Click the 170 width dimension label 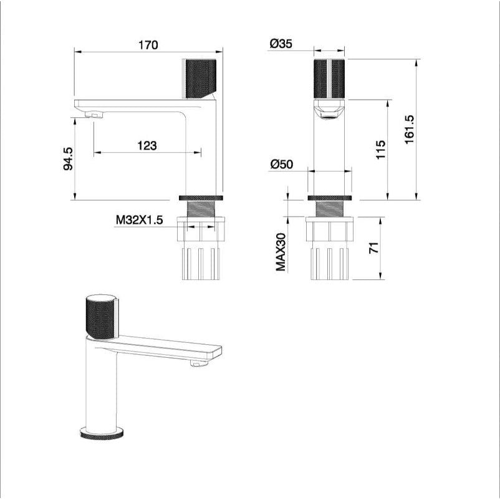pyautogui.click(x=148, y=45)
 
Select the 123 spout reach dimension pyautogui.click(x=147, y=145)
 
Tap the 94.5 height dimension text pyautogui.click(x=69, y=159)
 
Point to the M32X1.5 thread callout pyautogui.click(x=138, y=220)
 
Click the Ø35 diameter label pyautogui.click(x=281, y=44)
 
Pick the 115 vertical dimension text pyautogui.click(x=382, y=150)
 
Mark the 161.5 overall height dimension pyautogui.click(x=410, y=130)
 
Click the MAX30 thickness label pyautogui.click(x=281, y=252)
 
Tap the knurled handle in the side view pyautogui.click(x=199, y=78)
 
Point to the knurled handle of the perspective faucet pyautogui.click(x=100, y=315)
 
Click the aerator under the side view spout pyautogui.click(x=92, y=115)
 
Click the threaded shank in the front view pyautogui.click(x=329, y=208)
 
